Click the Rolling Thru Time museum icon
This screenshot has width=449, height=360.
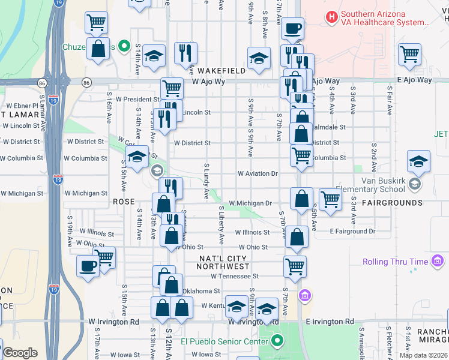coord(438,262)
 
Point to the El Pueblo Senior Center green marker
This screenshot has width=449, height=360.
coord(277,342)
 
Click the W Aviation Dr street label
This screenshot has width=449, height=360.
coord(258,173)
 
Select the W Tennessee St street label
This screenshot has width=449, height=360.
coord(234,277)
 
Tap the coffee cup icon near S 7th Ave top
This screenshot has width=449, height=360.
coord(292,28)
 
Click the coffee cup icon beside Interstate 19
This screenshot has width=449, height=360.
coord(88,265)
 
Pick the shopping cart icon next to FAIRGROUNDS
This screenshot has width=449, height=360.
coord(330,199)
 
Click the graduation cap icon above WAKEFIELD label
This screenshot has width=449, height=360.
coord(259,58)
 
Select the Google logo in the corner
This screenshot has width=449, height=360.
coord(20,353)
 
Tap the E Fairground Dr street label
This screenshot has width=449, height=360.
coord(352,231)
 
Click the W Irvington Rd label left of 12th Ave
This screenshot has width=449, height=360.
coord(113,322)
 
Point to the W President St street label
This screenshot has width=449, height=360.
coord(137,100)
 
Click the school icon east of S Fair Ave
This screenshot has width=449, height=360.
coord(418,160)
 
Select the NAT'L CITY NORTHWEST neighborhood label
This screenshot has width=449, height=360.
coord(224,262)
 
